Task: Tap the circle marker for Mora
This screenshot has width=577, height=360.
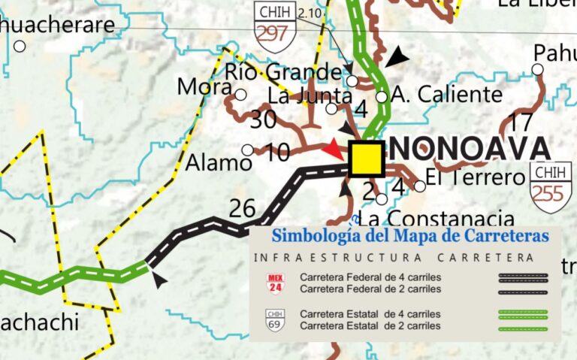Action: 240,95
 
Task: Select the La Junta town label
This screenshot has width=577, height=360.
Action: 310,95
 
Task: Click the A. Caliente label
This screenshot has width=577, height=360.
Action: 447,95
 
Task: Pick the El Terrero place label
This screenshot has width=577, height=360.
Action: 473,178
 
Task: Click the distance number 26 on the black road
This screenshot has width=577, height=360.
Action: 242,207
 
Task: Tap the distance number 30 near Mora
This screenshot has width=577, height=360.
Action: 264,119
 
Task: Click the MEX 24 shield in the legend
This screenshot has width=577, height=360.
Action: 276,283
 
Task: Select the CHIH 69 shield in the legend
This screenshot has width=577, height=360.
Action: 276,319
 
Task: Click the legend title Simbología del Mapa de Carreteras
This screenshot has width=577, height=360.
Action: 410,235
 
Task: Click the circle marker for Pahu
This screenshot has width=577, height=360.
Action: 537,69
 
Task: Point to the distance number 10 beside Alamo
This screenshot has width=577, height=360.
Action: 278,153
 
